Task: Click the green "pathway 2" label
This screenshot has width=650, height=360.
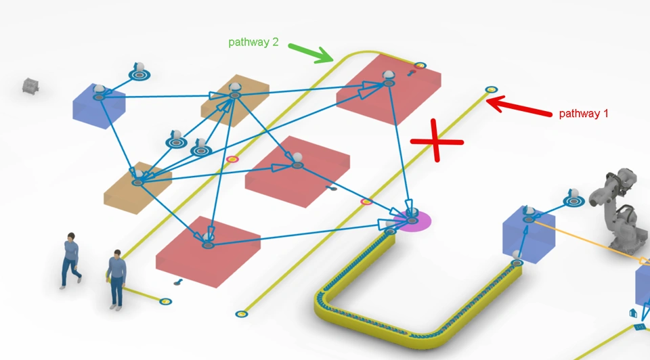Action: coord(253,42)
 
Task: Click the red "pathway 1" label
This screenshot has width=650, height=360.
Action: coord(583,114)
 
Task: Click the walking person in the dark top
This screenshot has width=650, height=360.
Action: coord(70,260)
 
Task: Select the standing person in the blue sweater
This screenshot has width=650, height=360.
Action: coord(117,278)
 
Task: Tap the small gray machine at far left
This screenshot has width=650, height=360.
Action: coord(30,85)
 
